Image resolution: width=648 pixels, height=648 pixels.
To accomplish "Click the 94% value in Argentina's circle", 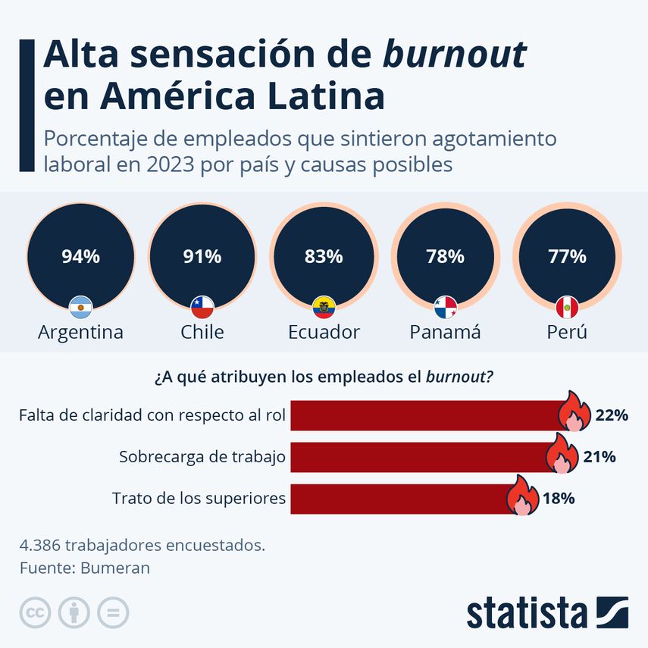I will [x=80, y=257].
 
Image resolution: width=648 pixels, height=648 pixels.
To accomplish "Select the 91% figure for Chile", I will [x=202, y=257].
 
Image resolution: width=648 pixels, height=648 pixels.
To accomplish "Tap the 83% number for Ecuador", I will [x=324, y=257].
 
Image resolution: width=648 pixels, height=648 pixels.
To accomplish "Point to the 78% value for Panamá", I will [x=445, y=257].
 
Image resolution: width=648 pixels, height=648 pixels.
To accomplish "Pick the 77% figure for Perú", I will [x=567, y=257].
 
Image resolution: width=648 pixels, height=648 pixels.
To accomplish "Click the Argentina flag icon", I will [x=80, y=307].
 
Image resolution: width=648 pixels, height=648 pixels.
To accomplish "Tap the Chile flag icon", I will [x=202, y=307].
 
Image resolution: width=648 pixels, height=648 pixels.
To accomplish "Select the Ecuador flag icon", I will [x=324, y=307].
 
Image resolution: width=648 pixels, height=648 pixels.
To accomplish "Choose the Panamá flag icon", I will [x=445, y=307].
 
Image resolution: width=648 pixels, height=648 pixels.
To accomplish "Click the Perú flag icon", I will [x=567, y=307].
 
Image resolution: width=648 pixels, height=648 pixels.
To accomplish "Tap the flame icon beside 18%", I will [x=521, y=496].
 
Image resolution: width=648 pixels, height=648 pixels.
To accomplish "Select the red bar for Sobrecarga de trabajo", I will [x=417, y=457].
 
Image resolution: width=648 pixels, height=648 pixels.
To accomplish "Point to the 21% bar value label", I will [x=599, y=457].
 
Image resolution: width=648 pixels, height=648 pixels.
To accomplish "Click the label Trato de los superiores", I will [x=199, y=498].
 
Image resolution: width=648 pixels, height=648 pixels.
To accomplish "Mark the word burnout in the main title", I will [x=455, y=55].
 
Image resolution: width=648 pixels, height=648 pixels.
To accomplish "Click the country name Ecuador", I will [x=324, y=332].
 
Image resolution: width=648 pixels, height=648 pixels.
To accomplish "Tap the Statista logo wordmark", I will [x=527, y=612].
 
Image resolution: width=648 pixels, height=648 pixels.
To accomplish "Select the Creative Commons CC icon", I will [x=35, y=612].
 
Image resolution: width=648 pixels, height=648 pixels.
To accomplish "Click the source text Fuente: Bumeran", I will [x=85, y=568].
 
